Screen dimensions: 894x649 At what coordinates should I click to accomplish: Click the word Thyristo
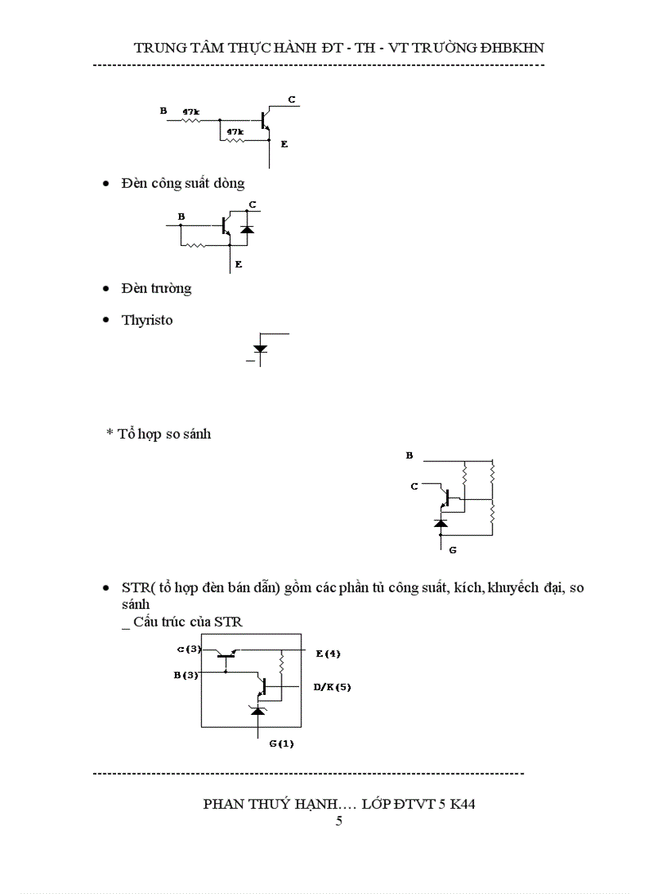[147, 320]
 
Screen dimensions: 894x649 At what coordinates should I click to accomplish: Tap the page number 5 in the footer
[339, 821]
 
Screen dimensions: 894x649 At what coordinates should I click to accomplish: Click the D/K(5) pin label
[332, 686]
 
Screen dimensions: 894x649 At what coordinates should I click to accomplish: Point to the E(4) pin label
[328, 654]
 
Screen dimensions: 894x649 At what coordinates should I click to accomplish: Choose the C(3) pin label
[188, 650]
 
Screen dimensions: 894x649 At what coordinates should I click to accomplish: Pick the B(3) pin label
[186, 675]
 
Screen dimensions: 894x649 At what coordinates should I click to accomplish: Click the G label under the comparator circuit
[453, 549]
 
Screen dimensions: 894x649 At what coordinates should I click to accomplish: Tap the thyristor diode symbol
[259, 349]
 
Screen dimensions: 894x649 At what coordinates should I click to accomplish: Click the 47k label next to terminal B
[191, 112]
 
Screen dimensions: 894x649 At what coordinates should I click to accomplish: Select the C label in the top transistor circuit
[292, 100]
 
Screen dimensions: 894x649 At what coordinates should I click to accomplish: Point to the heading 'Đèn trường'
[157, 288]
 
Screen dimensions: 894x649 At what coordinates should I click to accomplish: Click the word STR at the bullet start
[134, 588]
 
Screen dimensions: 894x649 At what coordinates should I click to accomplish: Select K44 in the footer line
[461, 803]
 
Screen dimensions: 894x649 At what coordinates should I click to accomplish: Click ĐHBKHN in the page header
[507, 48]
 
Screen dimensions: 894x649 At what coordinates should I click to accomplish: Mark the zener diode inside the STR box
[258, 709]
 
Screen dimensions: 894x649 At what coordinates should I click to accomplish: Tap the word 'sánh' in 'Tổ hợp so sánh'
[196, 434]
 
